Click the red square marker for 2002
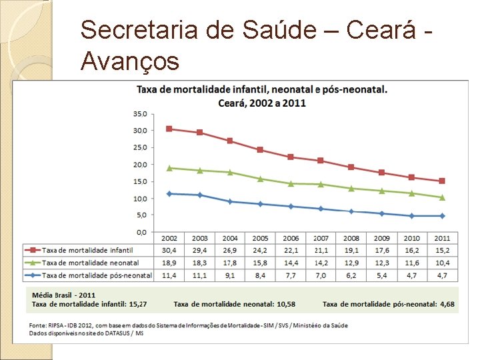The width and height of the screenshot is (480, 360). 169,129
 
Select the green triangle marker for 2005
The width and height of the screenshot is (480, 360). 261,179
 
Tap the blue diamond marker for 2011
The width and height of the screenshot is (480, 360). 442,216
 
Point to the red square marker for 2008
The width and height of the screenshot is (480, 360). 351,167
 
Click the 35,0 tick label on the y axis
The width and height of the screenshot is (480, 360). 140,114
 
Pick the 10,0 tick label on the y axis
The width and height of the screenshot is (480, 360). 140,199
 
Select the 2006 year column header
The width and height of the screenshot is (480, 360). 291,238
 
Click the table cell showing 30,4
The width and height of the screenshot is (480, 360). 169,251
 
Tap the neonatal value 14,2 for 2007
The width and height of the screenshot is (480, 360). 321,263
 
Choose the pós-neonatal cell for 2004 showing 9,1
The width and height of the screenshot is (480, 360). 230,275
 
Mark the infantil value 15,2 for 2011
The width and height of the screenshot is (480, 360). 443,251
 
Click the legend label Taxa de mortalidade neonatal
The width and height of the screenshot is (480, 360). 90,263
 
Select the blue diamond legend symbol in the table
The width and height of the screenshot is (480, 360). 33,275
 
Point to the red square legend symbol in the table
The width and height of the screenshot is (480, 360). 33,250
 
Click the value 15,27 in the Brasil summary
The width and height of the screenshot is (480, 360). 138,304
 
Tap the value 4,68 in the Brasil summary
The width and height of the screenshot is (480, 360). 447,304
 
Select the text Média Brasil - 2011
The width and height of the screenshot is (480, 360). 64,295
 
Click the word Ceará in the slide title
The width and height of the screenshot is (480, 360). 381,29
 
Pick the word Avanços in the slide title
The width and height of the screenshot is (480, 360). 130,61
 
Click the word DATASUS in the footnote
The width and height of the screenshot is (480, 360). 117,333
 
